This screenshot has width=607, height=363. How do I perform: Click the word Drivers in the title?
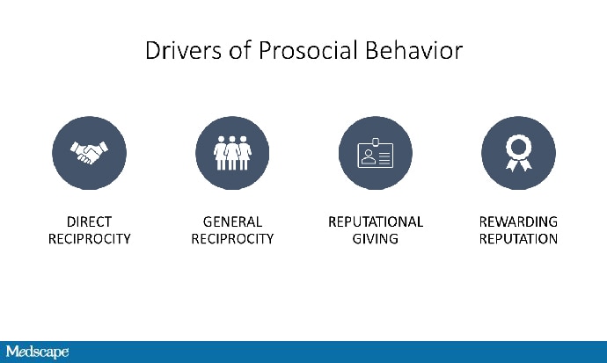[183, 50]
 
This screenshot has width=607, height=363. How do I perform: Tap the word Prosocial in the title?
[307, 50]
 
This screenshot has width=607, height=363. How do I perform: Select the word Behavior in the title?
[413, 50]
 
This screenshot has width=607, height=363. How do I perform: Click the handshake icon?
[90, 153]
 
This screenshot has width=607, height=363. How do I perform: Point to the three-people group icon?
[232, 153]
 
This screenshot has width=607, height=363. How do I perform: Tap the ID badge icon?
[375, 153]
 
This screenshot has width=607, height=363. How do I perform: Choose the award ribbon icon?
[518, 154]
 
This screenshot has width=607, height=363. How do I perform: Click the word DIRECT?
[89, 221]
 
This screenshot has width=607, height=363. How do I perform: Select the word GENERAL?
[232, 221]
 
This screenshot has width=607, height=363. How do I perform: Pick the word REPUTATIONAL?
[376, 221]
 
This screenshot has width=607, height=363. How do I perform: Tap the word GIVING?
[375, 239]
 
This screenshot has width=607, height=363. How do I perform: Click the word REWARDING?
[518, 221]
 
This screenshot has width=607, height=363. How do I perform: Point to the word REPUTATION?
[518, 239]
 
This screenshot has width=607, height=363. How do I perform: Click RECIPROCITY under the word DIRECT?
[90, 239]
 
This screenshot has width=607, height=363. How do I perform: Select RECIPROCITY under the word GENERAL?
[232, 239]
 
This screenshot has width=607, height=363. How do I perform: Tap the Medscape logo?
[37, 352]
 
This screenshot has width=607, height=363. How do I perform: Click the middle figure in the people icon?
[232, 153]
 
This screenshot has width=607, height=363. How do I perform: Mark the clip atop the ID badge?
[375, 142]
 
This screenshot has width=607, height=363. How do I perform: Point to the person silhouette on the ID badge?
[368, 157]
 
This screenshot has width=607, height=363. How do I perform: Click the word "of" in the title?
[239, 50]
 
